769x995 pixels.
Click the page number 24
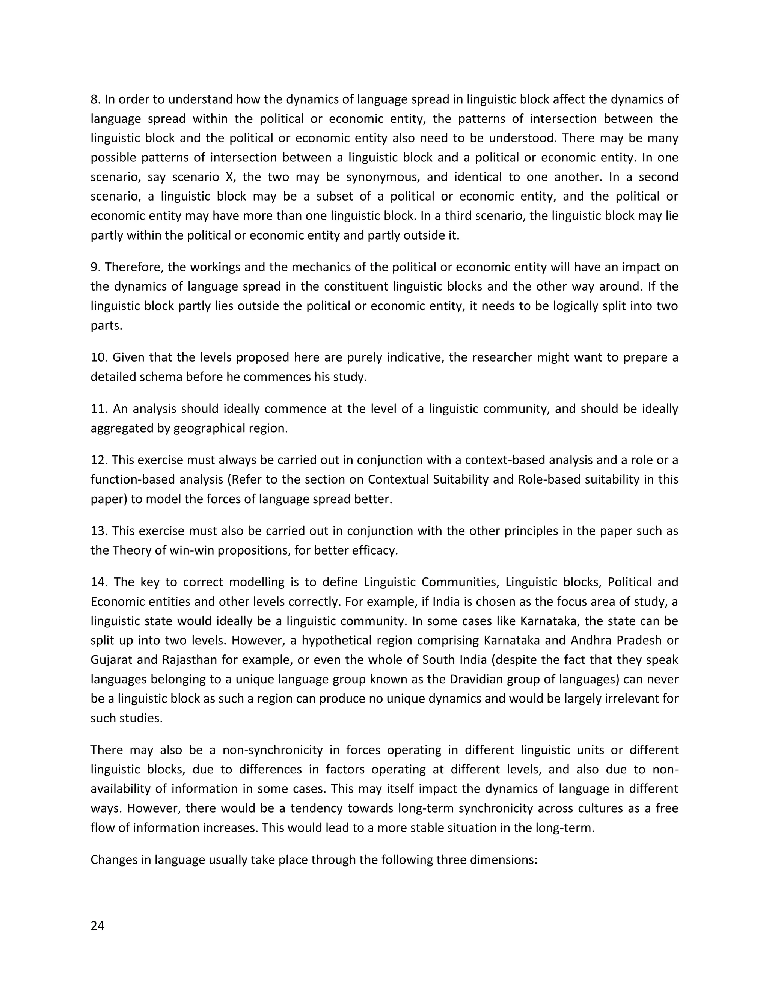(x=98, y=926)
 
